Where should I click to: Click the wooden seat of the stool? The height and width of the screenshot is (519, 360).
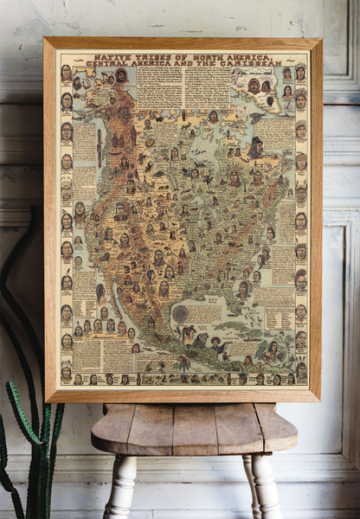coord(194,427)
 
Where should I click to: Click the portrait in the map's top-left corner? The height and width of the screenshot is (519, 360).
coord(67,72)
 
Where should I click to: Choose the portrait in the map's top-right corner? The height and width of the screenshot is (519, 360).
coord(300,73)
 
